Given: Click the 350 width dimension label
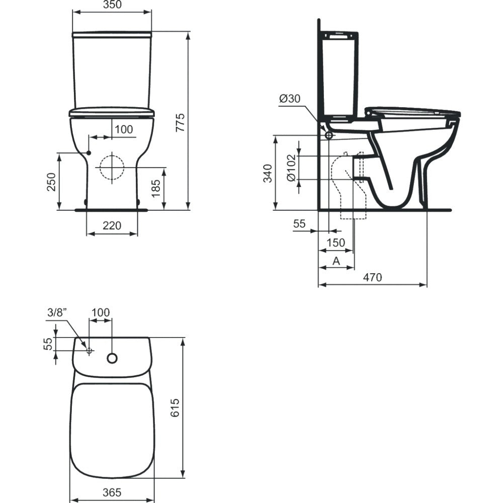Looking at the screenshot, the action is pyautogui.click(x=112, y=5).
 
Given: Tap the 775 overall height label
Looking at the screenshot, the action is pyautogui.click(x=181, y=122).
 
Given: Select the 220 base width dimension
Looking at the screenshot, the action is pyautogui.click(x=112, y=225).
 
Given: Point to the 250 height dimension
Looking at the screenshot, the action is pyautogui.click(x=51, y=182).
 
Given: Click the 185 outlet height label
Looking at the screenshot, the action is pyautogui.click(x=155, y=189).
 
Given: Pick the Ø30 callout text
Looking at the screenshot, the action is pyautogui.click(x=290, y=99).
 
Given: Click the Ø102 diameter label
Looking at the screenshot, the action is pyautogui.click(x=291, y=168).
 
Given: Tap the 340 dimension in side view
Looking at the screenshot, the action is pyautogui.click(x=268, y=174).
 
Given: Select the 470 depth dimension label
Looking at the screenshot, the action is pyautogui.click(x=372, y=277).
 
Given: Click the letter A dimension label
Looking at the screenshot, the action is pyautogui.click(x=336, y=261).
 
